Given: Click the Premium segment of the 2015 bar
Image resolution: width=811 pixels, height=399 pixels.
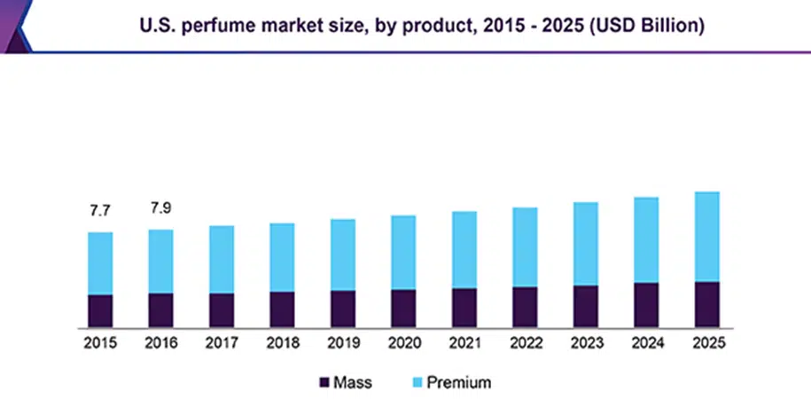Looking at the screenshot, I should point(100,263).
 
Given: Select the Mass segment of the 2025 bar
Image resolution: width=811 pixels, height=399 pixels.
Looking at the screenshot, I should point(706,304).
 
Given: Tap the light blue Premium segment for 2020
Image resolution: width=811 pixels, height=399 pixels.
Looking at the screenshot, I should point(403,252).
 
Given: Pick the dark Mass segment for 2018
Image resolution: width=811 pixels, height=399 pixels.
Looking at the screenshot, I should point(282,309).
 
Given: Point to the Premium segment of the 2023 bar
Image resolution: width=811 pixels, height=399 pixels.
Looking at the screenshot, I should point(585,244).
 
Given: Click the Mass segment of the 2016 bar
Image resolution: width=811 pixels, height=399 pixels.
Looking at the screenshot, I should point(160,309).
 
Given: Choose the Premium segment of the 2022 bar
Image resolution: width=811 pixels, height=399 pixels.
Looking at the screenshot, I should point(525,246).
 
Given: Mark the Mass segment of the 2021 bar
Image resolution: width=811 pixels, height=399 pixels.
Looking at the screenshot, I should point(464,307).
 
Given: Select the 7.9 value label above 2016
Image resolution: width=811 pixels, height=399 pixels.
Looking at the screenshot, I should point(160,208).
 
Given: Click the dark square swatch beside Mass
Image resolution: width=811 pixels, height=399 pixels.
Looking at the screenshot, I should point(324,383).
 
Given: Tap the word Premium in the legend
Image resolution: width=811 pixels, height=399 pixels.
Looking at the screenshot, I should point(458,383).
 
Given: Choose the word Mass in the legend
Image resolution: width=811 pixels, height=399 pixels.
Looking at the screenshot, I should point(352,383).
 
